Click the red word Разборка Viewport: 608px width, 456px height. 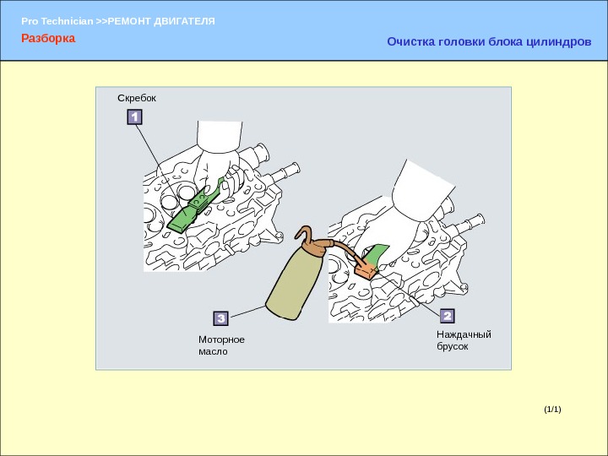[x=48, y=39]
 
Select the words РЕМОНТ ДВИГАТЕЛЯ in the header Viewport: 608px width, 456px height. [x=169, y=19]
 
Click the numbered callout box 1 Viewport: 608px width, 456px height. [x=134, y=117]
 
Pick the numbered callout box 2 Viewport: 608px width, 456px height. [x=447, y=316]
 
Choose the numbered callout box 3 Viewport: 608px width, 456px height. [x=220, y=318]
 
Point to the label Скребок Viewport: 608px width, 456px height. [x=137, y=98]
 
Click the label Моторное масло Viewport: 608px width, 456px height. [x=221, y=345]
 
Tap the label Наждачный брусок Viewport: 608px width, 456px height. [x=463, y=340]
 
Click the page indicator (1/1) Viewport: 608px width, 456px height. [x=552, y=410]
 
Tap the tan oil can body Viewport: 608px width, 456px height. [x=291, y=283]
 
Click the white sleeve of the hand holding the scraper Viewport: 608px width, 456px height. [x=220, y=136]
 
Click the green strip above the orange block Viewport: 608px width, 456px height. [x=377, y=252]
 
